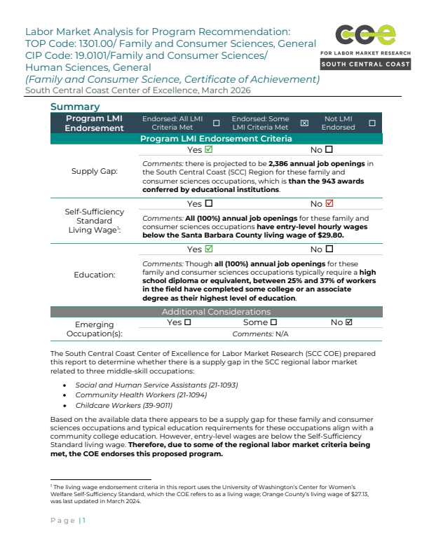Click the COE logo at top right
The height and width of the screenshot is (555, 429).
tap(365, 35)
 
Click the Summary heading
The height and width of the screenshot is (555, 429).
tap(75, 107)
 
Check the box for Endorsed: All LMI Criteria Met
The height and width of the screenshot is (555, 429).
tap(216, 123)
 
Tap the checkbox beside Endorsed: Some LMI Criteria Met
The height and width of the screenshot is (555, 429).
tap(304, 123)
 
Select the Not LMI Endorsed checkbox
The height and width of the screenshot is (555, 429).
tap(372, 123)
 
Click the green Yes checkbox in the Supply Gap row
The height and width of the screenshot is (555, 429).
tap(209, 150)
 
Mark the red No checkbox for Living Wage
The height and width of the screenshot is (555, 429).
tap(329, 204)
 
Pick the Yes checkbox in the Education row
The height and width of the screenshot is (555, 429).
tap(209, 249)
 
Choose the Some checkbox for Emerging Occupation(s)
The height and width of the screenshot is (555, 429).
tap(273, 322)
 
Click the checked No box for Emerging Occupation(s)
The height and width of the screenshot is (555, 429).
tap(349, 322)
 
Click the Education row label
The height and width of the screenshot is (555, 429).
tap(95, 275)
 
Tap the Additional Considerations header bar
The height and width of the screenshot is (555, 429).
tap(216, 311)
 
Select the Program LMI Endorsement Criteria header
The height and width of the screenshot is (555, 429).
tap(216, 139)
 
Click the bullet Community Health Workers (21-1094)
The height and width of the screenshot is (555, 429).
tap(124, 395)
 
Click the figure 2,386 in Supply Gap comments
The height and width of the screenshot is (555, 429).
tap(282, 164)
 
